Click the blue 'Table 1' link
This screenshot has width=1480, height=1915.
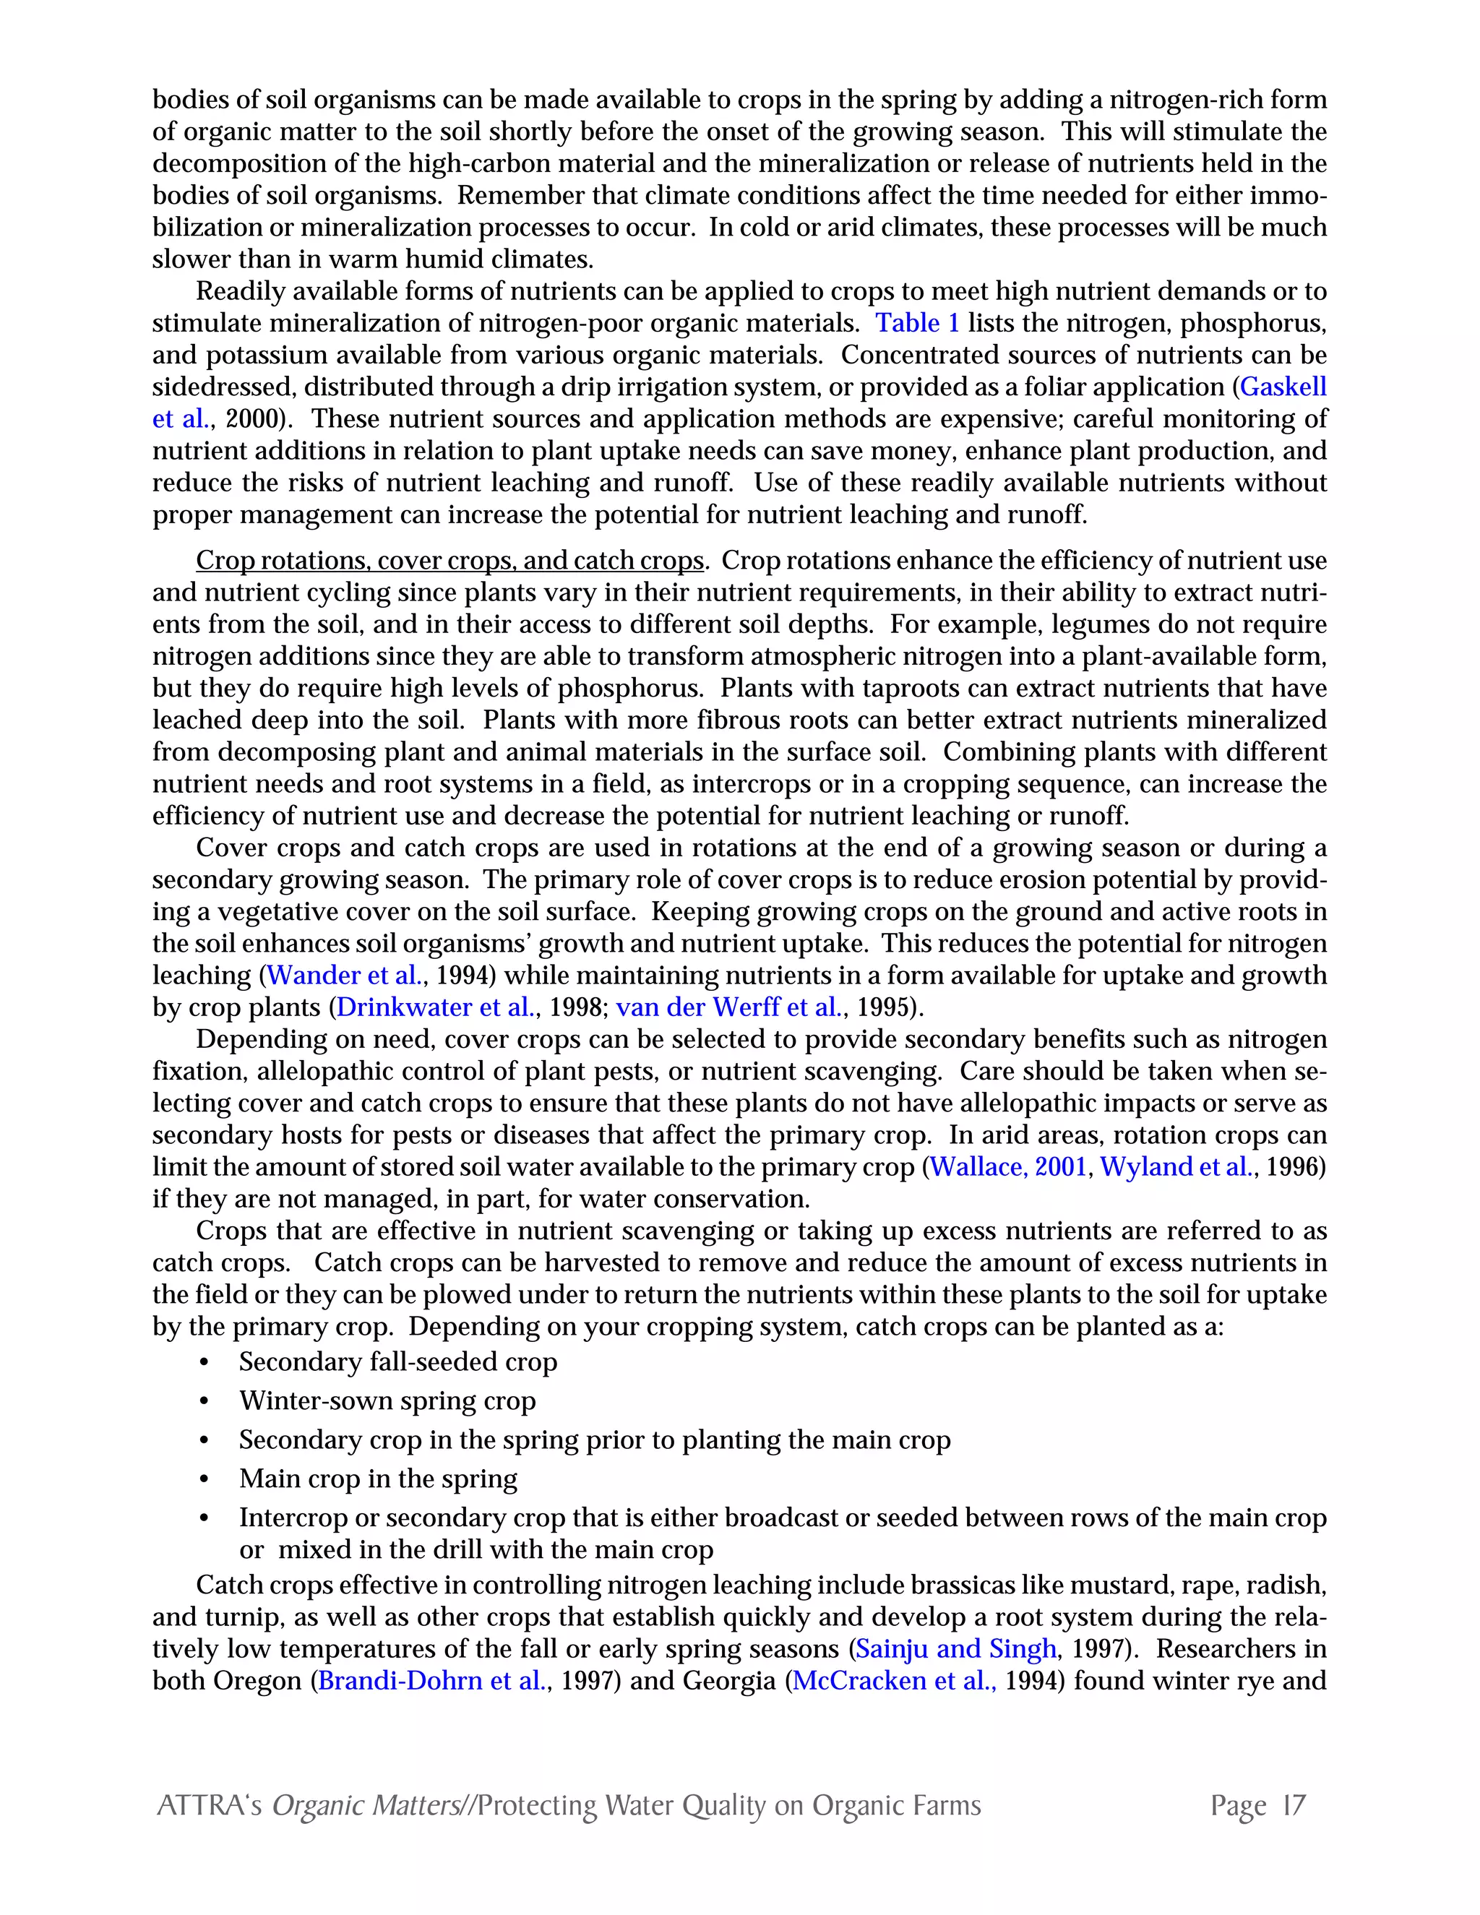click(x=917, y=324)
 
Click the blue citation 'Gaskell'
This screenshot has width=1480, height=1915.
click(x=1283, y=387)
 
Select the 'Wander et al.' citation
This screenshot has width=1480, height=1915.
click(x=345, y=975)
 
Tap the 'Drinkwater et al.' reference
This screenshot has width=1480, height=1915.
click(x=435, y=1007)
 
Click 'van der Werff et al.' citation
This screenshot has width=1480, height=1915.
click(x=728, y=1007)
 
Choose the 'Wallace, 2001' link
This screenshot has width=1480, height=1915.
click(x=1008, y=1167)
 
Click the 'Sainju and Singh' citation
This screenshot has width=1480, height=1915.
click(x=955, y=1648)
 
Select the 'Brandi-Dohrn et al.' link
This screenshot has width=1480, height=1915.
click(x=431, y=1681)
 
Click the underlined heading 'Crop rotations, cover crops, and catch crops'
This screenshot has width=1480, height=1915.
click(x=449, y=561)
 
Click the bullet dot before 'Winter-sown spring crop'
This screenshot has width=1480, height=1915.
click(x=205, y=1402)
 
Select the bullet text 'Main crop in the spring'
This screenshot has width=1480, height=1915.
click(x=378, y=1479)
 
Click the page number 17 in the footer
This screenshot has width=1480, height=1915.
click(x=1294, y=1807)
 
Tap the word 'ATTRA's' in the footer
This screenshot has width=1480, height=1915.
click(x=209, y=1807)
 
